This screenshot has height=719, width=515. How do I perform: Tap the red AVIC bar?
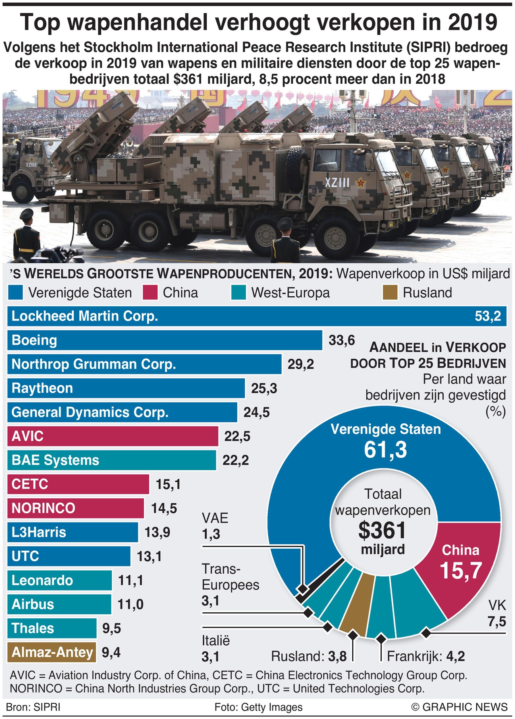[112, 436]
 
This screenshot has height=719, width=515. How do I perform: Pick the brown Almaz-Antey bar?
[52, 652]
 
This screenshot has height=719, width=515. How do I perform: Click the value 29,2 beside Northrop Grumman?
[300, 364]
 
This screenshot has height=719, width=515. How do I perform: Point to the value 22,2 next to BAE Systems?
[235, 460]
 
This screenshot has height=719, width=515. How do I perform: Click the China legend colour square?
[150, 293]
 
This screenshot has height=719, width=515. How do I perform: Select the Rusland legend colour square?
[390, 293]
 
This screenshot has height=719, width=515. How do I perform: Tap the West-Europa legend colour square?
[239, 293]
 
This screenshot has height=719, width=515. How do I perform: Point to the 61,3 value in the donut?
[385, 450]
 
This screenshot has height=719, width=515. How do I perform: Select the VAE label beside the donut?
[215, 518]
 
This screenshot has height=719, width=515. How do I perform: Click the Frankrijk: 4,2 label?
[426, 657]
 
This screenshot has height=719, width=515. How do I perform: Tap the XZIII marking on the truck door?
[337, 183]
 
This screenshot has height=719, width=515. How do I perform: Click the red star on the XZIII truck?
[361, 183]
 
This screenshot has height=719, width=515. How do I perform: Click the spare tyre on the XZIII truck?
[297, 163]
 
